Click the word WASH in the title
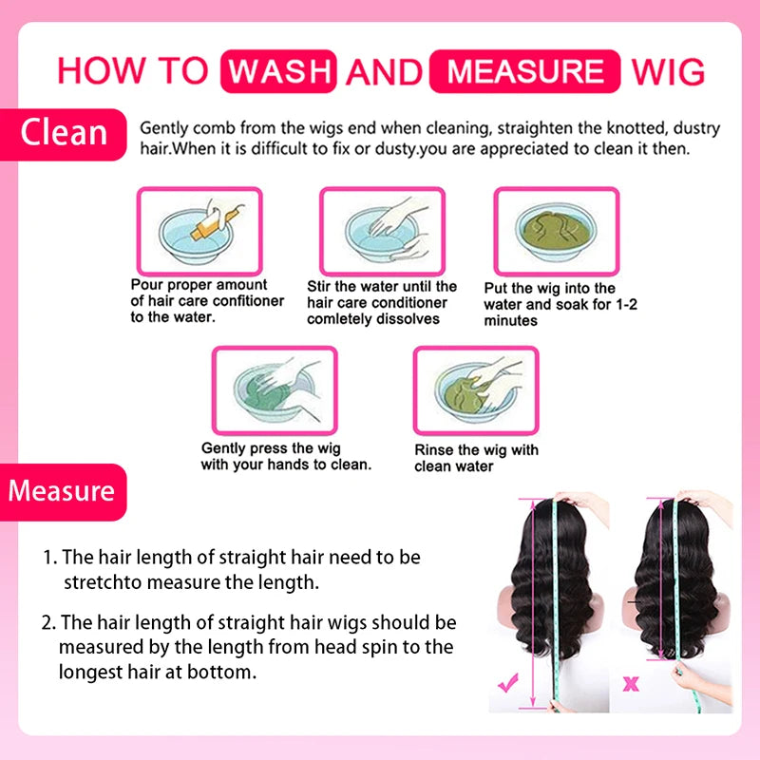click(279, 70)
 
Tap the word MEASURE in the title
click(525, 70)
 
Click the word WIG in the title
click(669, 70)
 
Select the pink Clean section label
click(64, 132)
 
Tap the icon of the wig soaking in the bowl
click(556, 231)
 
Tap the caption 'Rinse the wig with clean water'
click(477, 458)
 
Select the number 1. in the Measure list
click(50, 557)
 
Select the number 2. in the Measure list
click(49, 623)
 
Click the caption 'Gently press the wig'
click(272, 448)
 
